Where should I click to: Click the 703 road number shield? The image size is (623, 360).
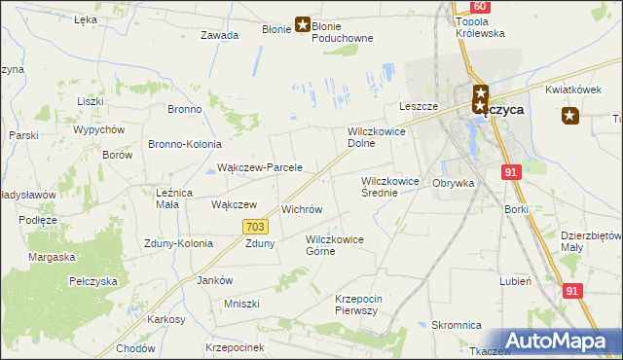pyautogui.click(x=255, y=227)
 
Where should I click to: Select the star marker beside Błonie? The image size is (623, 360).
pyautogui.click(x=303, y=26)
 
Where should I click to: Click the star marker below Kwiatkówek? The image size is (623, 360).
pyautogui.click(x=570, y=117)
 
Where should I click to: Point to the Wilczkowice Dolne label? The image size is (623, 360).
pyautogui.click(x=376, y=136)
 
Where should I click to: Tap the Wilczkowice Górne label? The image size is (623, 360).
pyautogui.click(x=334, y=244)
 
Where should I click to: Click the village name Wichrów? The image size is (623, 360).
pyautogui.click(x=301, y=209)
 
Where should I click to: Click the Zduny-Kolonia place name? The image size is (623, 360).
pyautogui.click(x=177, y=243)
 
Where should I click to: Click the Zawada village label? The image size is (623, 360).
pyautogui.click(x=219, y=35)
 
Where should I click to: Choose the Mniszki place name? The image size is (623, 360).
pyautogui.click(x=241, y=304)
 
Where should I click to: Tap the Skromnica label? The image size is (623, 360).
pyautogui.click(x=457, y=326)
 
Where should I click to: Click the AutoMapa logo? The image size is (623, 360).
pyautogui.click(x=558, y=341)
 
